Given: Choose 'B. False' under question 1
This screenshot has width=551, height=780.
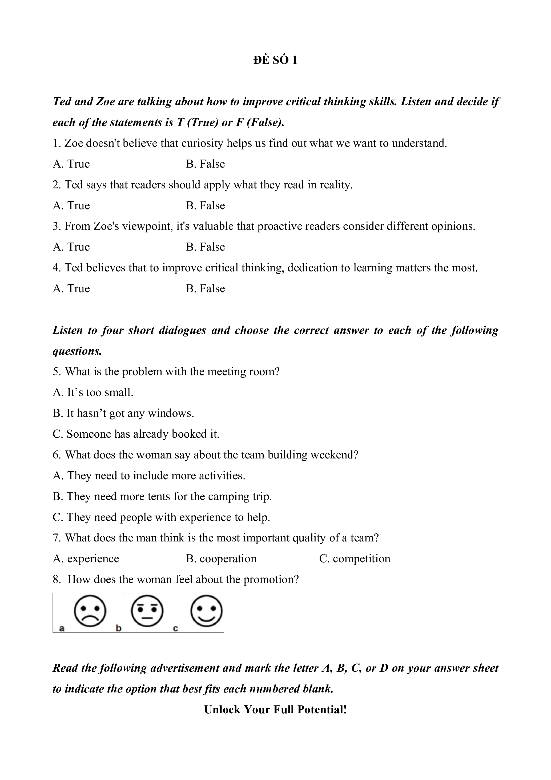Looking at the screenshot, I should (x=205, y=164).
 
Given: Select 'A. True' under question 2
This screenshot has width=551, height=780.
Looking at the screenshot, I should (x=71, y=205).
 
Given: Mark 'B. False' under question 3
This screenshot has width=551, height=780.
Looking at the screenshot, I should (x=205, y=247).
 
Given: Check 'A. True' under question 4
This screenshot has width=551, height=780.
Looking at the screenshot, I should (x=71, y=288).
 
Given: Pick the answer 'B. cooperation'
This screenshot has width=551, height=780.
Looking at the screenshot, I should (x=221, y=559).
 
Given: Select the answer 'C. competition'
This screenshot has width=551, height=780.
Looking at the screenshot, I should (x=355, y=559).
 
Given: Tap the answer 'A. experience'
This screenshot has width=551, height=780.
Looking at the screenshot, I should (x=86, y=559).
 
